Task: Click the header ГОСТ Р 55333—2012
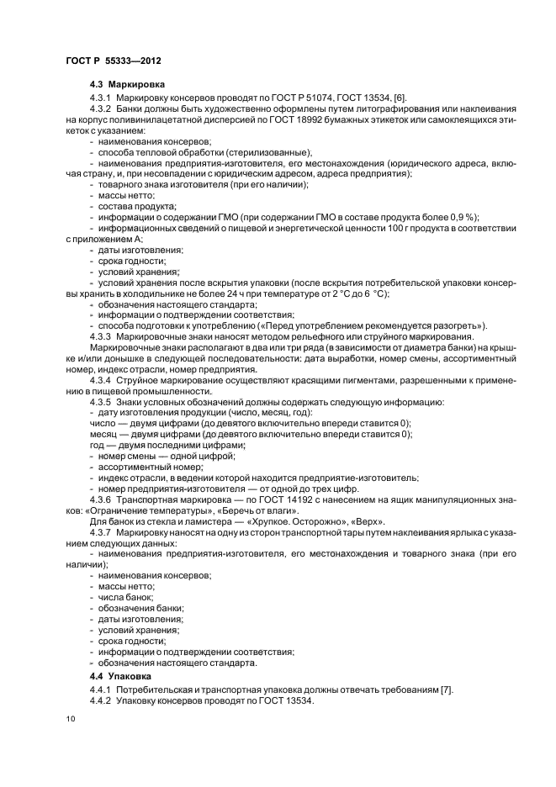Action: (113, 61)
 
